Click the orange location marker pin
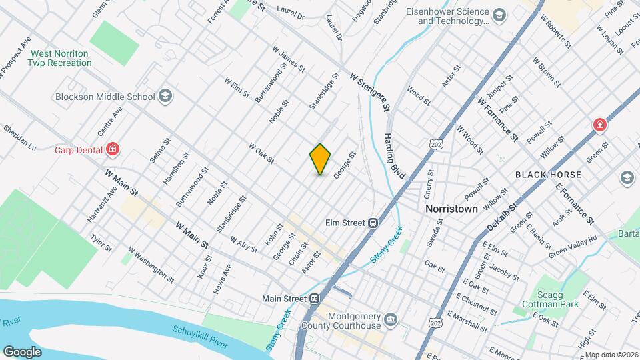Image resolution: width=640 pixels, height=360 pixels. tap(321, 159)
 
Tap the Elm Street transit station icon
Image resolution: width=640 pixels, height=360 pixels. tap(373, 223)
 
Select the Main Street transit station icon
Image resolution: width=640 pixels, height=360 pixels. tap(312, 298)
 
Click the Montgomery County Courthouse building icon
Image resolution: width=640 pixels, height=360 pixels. tap(390, 321)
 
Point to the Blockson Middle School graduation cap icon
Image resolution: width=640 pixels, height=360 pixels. tap(165, 97)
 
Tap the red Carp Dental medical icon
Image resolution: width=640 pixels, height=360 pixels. tap(113, 149)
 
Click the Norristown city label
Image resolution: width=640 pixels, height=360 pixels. tap(451, 209)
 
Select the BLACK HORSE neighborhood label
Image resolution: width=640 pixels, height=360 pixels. tap(548, 175)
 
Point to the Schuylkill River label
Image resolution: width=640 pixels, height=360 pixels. tap(200, 338)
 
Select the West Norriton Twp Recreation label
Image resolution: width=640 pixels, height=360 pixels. tap(60, 58)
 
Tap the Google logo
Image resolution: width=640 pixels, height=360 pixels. tap(22, 351)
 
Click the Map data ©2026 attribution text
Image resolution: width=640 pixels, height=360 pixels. tap(611, 355)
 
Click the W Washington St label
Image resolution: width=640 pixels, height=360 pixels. tap(151, 265)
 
